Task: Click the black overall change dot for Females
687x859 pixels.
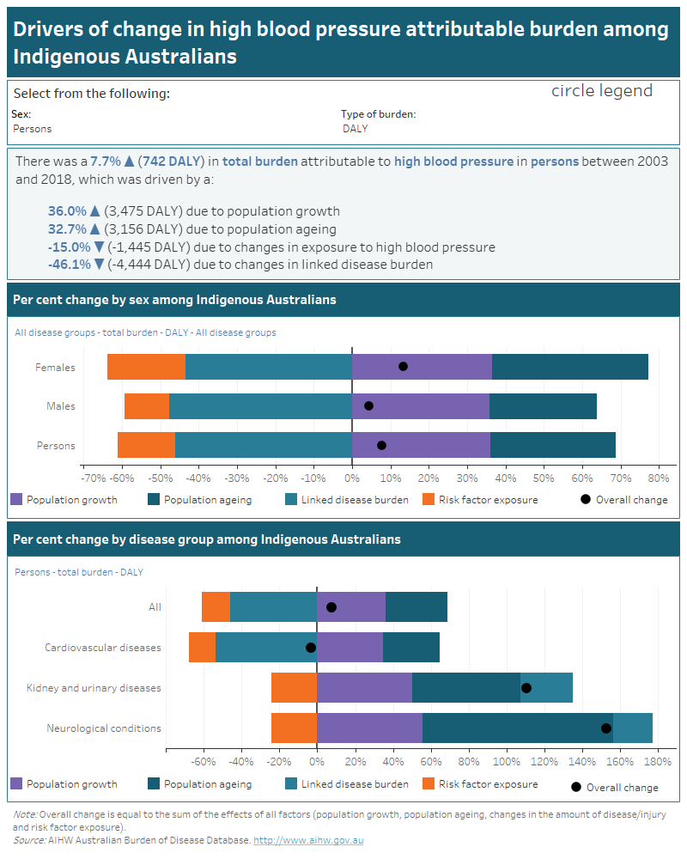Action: [x=403, y=367]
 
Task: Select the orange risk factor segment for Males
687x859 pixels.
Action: [x=147, y=405]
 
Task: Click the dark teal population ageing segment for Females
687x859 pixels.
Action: [x=570, y=367]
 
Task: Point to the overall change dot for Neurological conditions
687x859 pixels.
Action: [x=606, y=728]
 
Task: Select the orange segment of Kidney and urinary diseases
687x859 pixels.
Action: [x=294, y=687]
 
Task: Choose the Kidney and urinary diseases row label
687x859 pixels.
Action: [x=94, y=688]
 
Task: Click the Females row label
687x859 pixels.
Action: [x=55, y=368]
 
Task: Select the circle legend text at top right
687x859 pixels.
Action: [x=601, y=91]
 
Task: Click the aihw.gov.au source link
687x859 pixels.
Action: [x=308, y=840]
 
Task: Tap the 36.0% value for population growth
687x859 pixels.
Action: [x=67, y=211]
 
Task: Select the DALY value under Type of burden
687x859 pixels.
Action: [x=355, y=129]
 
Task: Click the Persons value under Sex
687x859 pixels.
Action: [x=33, y=129]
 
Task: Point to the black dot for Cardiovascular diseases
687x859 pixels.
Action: [x=311, y=647]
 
